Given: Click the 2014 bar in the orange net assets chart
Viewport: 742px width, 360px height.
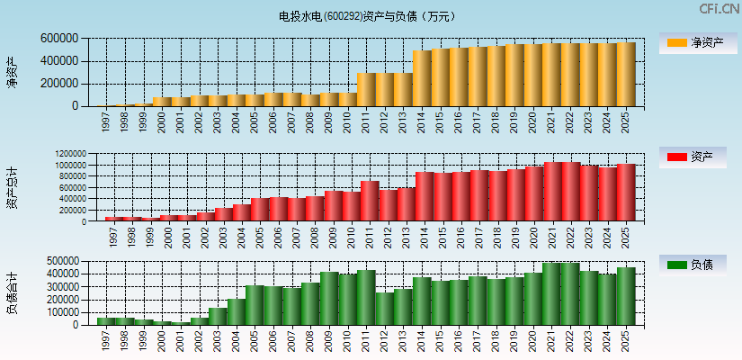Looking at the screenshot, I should tap(422, 78).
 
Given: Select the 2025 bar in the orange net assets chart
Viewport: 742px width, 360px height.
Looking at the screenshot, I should tap(626, 75).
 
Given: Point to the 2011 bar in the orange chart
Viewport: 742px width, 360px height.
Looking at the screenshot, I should tap(366, 90).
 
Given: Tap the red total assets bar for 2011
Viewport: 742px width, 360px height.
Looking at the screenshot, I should tap(370, 202).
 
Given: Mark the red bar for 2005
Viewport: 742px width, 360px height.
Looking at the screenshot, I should tap(259, 210).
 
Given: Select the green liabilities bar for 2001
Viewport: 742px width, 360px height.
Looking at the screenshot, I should tap(181, 323).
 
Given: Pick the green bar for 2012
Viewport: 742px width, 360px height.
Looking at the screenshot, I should tap(384, 309).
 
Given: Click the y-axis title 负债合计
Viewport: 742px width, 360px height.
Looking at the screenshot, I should tap(12, 292).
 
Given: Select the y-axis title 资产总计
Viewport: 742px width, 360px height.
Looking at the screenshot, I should tap(12, 187).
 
